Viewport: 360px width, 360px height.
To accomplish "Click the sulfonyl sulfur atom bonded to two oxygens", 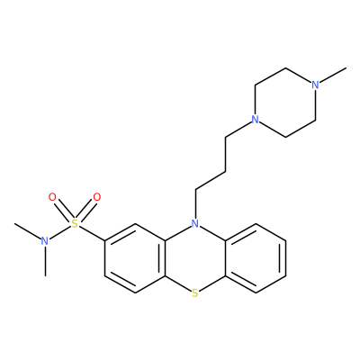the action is tap(75, 223).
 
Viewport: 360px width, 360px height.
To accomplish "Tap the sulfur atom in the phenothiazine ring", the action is tap(195, 292).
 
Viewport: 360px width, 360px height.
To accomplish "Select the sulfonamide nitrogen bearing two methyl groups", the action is tap(45, 240).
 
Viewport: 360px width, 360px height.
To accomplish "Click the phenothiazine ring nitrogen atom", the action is tap(195, 223).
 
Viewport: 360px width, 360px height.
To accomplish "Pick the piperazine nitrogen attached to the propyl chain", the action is tap(255, 120).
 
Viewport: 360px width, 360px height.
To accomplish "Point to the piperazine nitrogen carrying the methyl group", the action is tap(315, 85).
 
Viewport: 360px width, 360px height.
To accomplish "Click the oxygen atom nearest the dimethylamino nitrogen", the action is tap(52, 197).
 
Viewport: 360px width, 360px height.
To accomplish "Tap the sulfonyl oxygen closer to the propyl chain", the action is tap(97, 197).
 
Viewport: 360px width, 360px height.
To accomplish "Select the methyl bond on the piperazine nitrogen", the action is tap(333, 75).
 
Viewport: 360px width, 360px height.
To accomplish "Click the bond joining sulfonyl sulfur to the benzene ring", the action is tap(92, 233).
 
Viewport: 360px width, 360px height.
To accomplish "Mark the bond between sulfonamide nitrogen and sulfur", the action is tap(59, 232).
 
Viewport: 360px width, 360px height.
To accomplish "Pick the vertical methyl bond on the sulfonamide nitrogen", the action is tap(45, 261).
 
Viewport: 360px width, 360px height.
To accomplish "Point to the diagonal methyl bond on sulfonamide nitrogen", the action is tap(28, 230).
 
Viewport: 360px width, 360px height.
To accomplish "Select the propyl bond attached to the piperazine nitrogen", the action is tap(238, 130).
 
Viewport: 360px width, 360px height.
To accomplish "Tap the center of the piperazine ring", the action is tap(285, 102).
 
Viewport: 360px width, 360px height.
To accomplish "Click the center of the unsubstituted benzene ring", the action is tap(256, 258).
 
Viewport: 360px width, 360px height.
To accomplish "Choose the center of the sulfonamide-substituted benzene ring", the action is tap(135, 258).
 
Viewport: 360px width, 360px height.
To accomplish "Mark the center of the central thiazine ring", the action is tap(195, 258).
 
